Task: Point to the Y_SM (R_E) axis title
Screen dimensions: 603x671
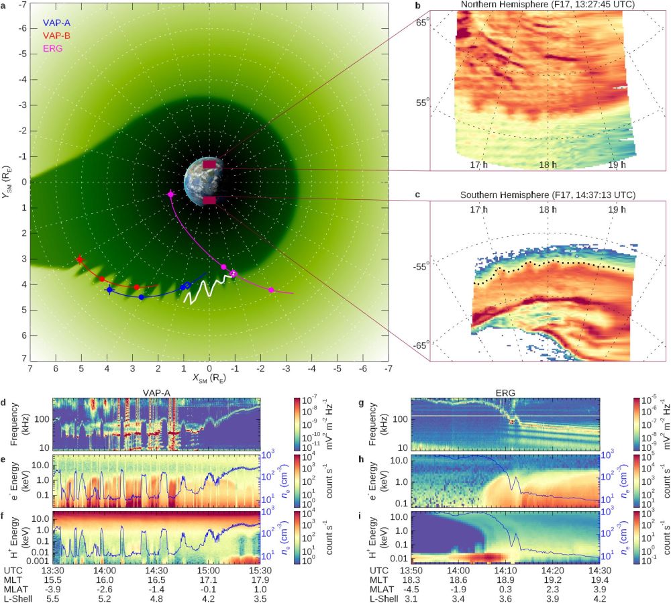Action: coord(8,181)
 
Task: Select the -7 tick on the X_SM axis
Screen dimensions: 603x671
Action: coord(389,368)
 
